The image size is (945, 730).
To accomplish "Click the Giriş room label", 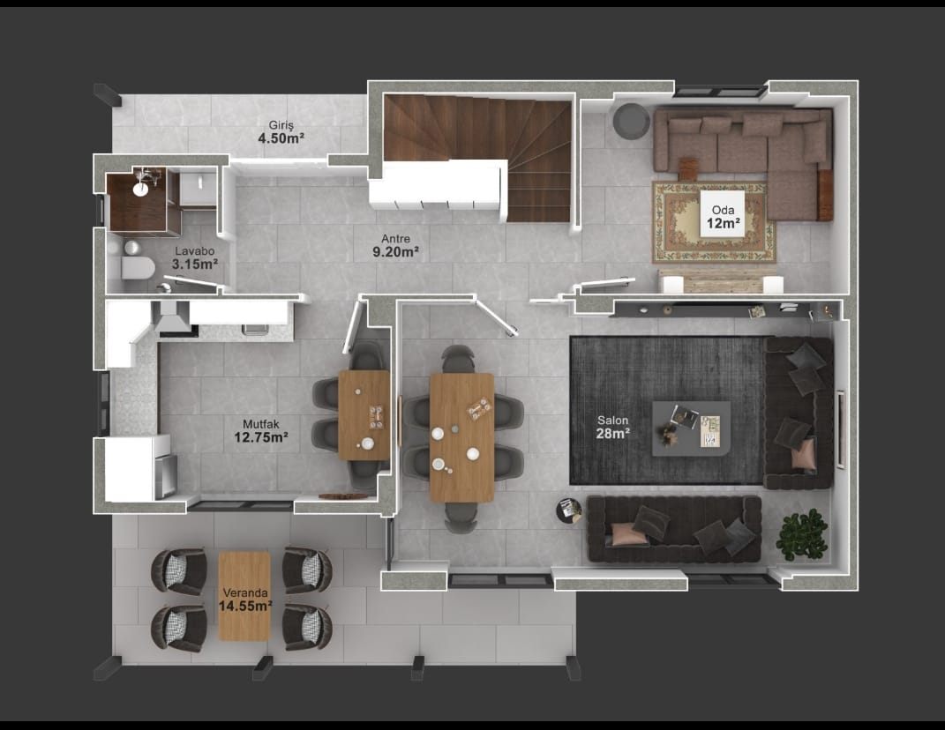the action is pyautogui.click(x=281, y=125).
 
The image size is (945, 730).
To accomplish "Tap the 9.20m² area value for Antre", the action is pyautogui.click(x=395, y=252).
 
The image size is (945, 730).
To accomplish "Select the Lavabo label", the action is pyautogui.click(x=195, y=251).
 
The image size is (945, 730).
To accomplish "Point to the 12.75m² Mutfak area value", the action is pyautogui.click(x=261, y=437).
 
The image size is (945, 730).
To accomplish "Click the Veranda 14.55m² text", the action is pyautogui.click(x=245, y=600).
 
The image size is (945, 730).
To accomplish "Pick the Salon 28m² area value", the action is pyautogui.click(x=613, y=434).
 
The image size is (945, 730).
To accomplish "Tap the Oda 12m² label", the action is pyautogui.click(x=724, y=218).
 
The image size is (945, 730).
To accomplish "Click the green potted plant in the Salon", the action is pyautogui.click(x=801, y=534).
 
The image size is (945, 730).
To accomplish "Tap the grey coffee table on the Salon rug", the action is pyautogui.click(x=691, y=428).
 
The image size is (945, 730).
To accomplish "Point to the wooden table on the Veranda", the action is pyautogui.click(x=244, y=596).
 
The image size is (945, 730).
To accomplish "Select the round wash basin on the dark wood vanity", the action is pyautogui.click(x=140, y=189).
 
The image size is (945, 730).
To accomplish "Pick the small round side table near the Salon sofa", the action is pyautogui.click(x=568, y=510).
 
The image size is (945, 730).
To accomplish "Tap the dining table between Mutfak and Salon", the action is pyautogui.click(x=461, y=437).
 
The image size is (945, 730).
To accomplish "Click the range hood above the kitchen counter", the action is pyautogui.click(x=174, y=317).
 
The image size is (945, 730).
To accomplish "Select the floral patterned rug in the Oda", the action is pyautogui.click(x=714, y=222).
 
